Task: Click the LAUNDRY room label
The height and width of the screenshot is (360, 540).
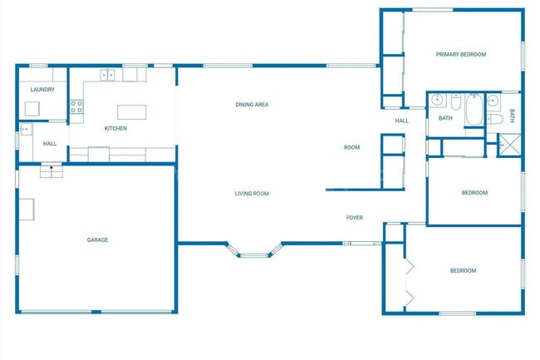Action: (42, 89)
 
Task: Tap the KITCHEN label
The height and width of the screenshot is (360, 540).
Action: (115, 129)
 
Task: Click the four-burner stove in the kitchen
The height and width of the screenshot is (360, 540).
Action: (76, 106)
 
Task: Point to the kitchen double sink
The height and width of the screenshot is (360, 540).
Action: (108, 75)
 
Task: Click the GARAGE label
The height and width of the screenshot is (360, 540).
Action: (97, 240)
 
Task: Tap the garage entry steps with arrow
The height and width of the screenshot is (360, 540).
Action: (52, 170)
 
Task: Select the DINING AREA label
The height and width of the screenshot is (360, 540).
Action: (251, 105)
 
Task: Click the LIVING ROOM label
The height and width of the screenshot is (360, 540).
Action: (251, 194)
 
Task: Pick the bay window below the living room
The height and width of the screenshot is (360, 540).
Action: (254, 252)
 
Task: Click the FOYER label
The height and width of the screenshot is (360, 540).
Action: (355, 218)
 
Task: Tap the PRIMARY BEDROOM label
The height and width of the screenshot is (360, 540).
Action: (461, 54)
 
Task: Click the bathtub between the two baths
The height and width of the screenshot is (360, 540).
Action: (474, 110)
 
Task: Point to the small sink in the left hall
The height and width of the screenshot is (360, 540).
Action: (25, 129)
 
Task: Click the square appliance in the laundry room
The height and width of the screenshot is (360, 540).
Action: (32, 108)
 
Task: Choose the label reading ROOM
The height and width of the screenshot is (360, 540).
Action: (352, 147)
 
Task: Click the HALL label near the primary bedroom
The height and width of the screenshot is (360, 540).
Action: (402, 121)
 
